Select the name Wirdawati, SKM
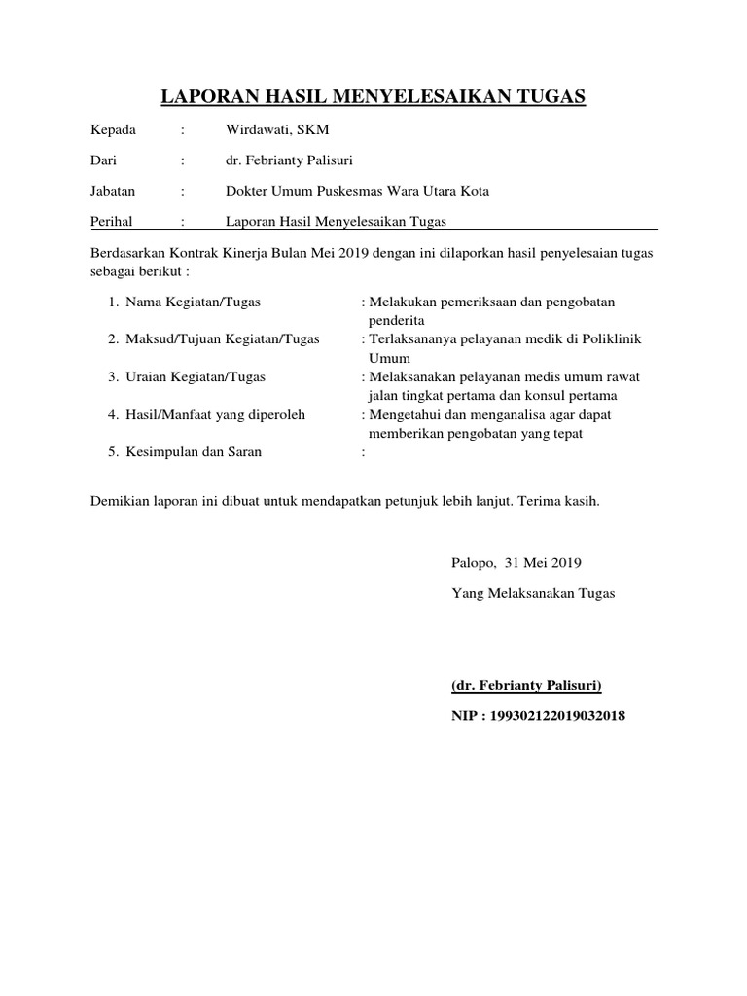coord(277,130)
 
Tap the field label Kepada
coord(114,130)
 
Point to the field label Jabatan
coord(113,191)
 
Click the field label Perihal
coord(112,222)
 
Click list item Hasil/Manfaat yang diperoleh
coord(215,415)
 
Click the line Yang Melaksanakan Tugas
coord(533,592)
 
